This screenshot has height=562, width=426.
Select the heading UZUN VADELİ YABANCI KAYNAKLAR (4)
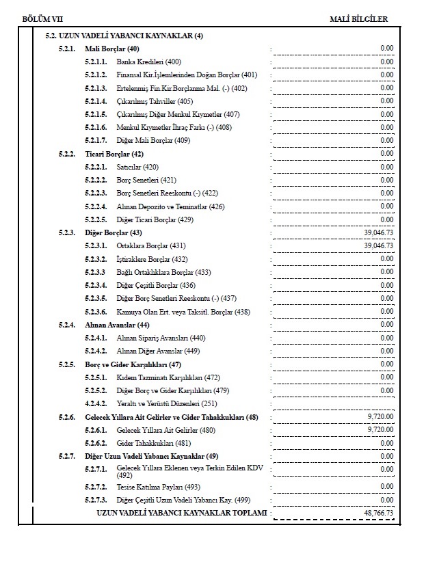click(x=124, y=36)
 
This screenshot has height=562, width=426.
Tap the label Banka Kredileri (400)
click(x=149, y=62)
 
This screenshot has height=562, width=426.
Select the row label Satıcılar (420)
click(x=137, y=167)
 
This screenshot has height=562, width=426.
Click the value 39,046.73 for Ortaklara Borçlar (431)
click(x=378, y=245)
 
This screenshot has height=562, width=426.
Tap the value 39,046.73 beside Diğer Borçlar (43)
click(x=378, y=232)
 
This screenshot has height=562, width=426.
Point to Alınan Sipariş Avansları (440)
click(x=161, y=338)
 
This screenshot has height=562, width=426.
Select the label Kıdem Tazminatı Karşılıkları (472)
click(x=168, y=377)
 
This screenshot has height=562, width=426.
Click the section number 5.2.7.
click(x=67, y=456)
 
